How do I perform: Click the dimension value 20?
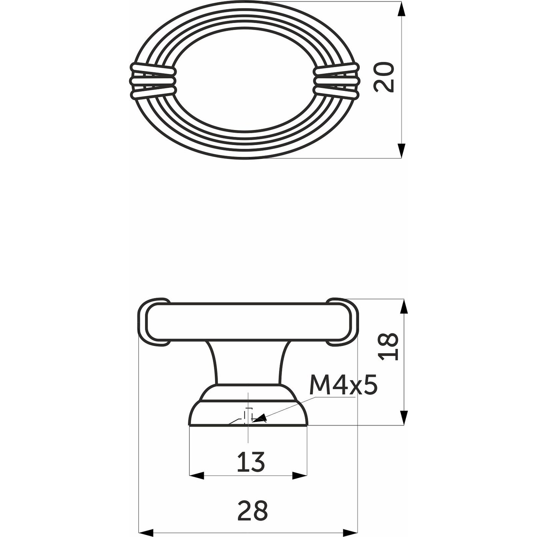384,77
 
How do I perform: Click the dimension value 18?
389,347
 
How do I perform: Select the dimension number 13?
251,462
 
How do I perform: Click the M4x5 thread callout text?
343,385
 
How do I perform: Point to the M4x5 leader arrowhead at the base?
258,419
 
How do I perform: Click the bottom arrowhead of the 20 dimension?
401,150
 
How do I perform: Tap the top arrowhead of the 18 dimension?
404,307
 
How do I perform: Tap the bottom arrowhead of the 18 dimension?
404,417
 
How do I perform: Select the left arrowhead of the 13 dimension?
196,476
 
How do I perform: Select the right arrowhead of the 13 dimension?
300,476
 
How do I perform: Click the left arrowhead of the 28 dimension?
146,532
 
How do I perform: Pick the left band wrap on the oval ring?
153,81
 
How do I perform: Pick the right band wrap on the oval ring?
336,81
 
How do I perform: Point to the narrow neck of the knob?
249,362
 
